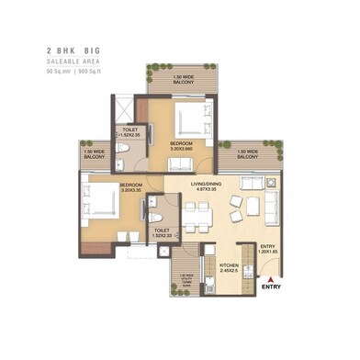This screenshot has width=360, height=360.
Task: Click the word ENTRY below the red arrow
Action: pos(271,287)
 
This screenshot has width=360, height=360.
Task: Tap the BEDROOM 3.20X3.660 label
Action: pos(181,147)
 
